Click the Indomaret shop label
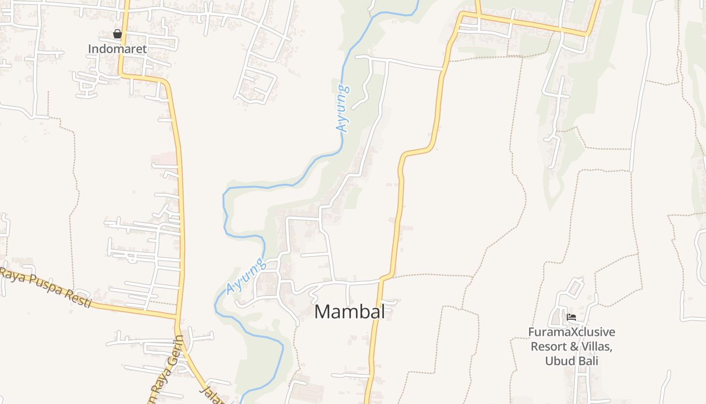coord(117,49)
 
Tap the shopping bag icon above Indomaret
coord(117,34)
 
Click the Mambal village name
coord(349,312)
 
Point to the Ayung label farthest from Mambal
coord(342,108)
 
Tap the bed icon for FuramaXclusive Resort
coord(571,317)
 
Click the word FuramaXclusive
coord(571,332)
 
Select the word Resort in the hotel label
coord(548,347)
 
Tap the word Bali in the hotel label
coord(588,361)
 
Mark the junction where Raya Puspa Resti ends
coord(177,317)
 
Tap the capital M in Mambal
coord(323,312)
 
